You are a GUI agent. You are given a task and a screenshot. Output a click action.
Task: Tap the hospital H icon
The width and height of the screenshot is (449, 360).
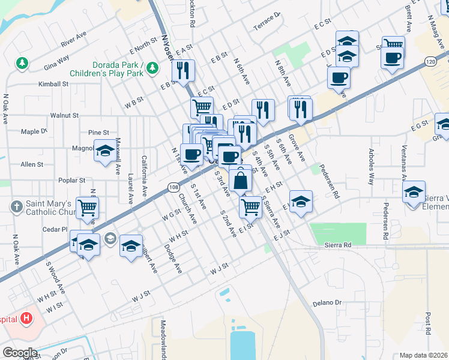[26, 318]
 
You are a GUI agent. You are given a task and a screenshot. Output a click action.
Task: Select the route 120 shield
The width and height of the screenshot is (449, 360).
[444, 61]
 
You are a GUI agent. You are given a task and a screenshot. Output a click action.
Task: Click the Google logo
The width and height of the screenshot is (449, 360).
[19, 353]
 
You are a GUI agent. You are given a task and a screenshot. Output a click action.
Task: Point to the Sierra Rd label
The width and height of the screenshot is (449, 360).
[337, 245]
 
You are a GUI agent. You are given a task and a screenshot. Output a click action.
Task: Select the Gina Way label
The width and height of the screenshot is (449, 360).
[55, 58]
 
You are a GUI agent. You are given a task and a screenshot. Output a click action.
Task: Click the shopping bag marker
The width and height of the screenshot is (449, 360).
[240, 179]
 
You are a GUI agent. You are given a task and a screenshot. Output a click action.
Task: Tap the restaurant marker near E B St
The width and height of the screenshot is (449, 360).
[182, 70]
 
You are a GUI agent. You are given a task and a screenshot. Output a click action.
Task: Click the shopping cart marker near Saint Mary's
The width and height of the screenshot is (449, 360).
[88, 207]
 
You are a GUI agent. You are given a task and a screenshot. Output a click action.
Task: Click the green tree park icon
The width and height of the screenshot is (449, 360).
[22, 62]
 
